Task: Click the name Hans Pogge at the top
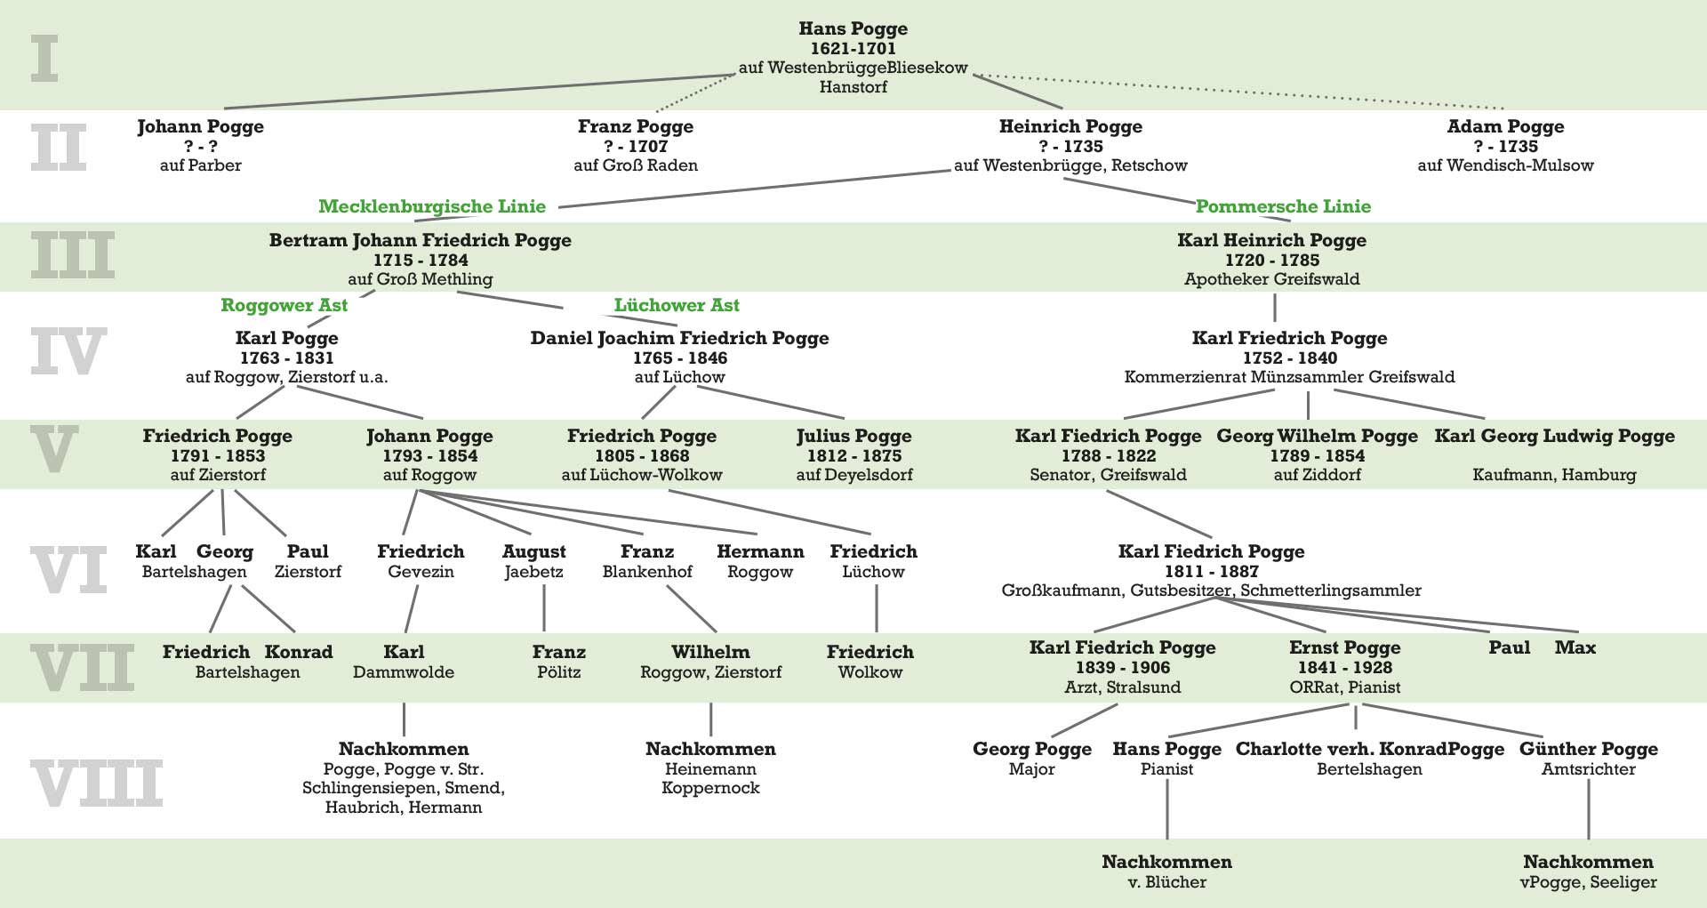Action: pos(853,29)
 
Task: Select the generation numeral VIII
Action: pos(96,783)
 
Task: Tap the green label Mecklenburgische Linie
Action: pos(432,206)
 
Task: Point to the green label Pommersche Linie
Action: pos(1283,206)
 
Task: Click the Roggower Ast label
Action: pos(284,305)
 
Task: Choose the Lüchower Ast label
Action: pos(677,305)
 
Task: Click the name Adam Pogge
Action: pos(1505,126)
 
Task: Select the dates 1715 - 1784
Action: pos(421,260)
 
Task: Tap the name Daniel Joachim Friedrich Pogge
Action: pos(679,338)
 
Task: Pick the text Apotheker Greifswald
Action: pos(1271,279)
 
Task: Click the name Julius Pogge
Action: pos(853,436)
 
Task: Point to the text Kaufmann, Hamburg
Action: pos(1553,475)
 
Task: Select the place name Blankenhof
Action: pos(647,572)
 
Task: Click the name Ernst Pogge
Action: pos(1344,647)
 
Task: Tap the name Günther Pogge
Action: pos(1588,749)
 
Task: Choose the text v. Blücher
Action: pos(1166,882)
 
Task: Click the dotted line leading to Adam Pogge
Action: pos(1245,91)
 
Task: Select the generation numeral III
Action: pos(73,256)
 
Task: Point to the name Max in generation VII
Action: pos(1575,647)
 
